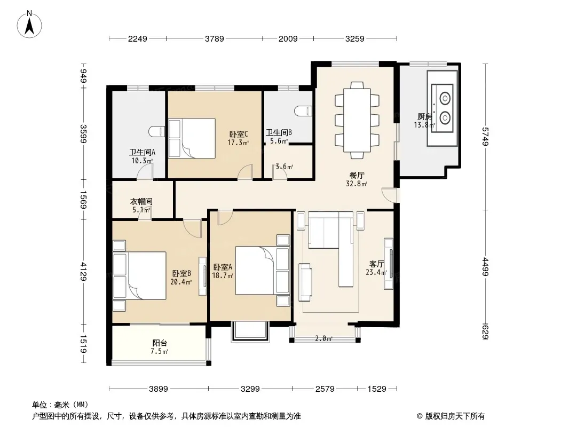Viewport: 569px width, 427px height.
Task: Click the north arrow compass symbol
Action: pyautogui.click(x=29, y=24)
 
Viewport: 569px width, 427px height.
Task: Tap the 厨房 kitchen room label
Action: pyautogui.click(x=424, y=116)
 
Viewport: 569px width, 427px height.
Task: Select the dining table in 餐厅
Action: pyautogui.click(x=357, y=120)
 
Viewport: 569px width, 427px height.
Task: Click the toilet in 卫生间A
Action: pyautogui.click(x=156, y=131)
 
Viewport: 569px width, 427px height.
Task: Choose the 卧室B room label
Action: pyautogui.click(x=181, y=273)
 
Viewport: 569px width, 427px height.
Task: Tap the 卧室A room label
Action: pyautogui.click(x=223, y=267)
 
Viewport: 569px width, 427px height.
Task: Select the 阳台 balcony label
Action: pyautogui.click(x=160, y=343)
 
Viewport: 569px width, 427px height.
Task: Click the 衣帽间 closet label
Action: pyautogui.click(x=141, y=201)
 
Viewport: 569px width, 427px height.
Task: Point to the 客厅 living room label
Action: pyautogui.click(x=376, y=264)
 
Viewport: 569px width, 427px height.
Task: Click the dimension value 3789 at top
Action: pyautogui.click(x=215, y=38)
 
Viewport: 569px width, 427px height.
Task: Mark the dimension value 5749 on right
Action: pyautogui.click(x=486, y=137)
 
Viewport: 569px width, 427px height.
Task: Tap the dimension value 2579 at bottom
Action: pyautogui.click(x=325, y=389)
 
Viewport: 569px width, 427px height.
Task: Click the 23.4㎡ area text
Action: pyautogui.click(x=376, y=272)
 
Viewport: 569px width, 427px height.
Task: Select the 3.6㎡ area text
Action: pyautogui.click(x=284, y=167)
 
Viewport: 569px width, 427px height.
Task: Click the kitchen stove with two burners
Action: pyautogui.click(x=442, y=108)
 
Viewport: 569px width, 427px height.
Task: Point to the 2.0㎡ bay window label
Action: pyautogui.click(x=323, y=338)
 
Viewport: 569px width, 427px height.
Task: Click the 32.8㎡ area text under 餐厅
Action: pyautogui.click(x=357, y=184)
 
